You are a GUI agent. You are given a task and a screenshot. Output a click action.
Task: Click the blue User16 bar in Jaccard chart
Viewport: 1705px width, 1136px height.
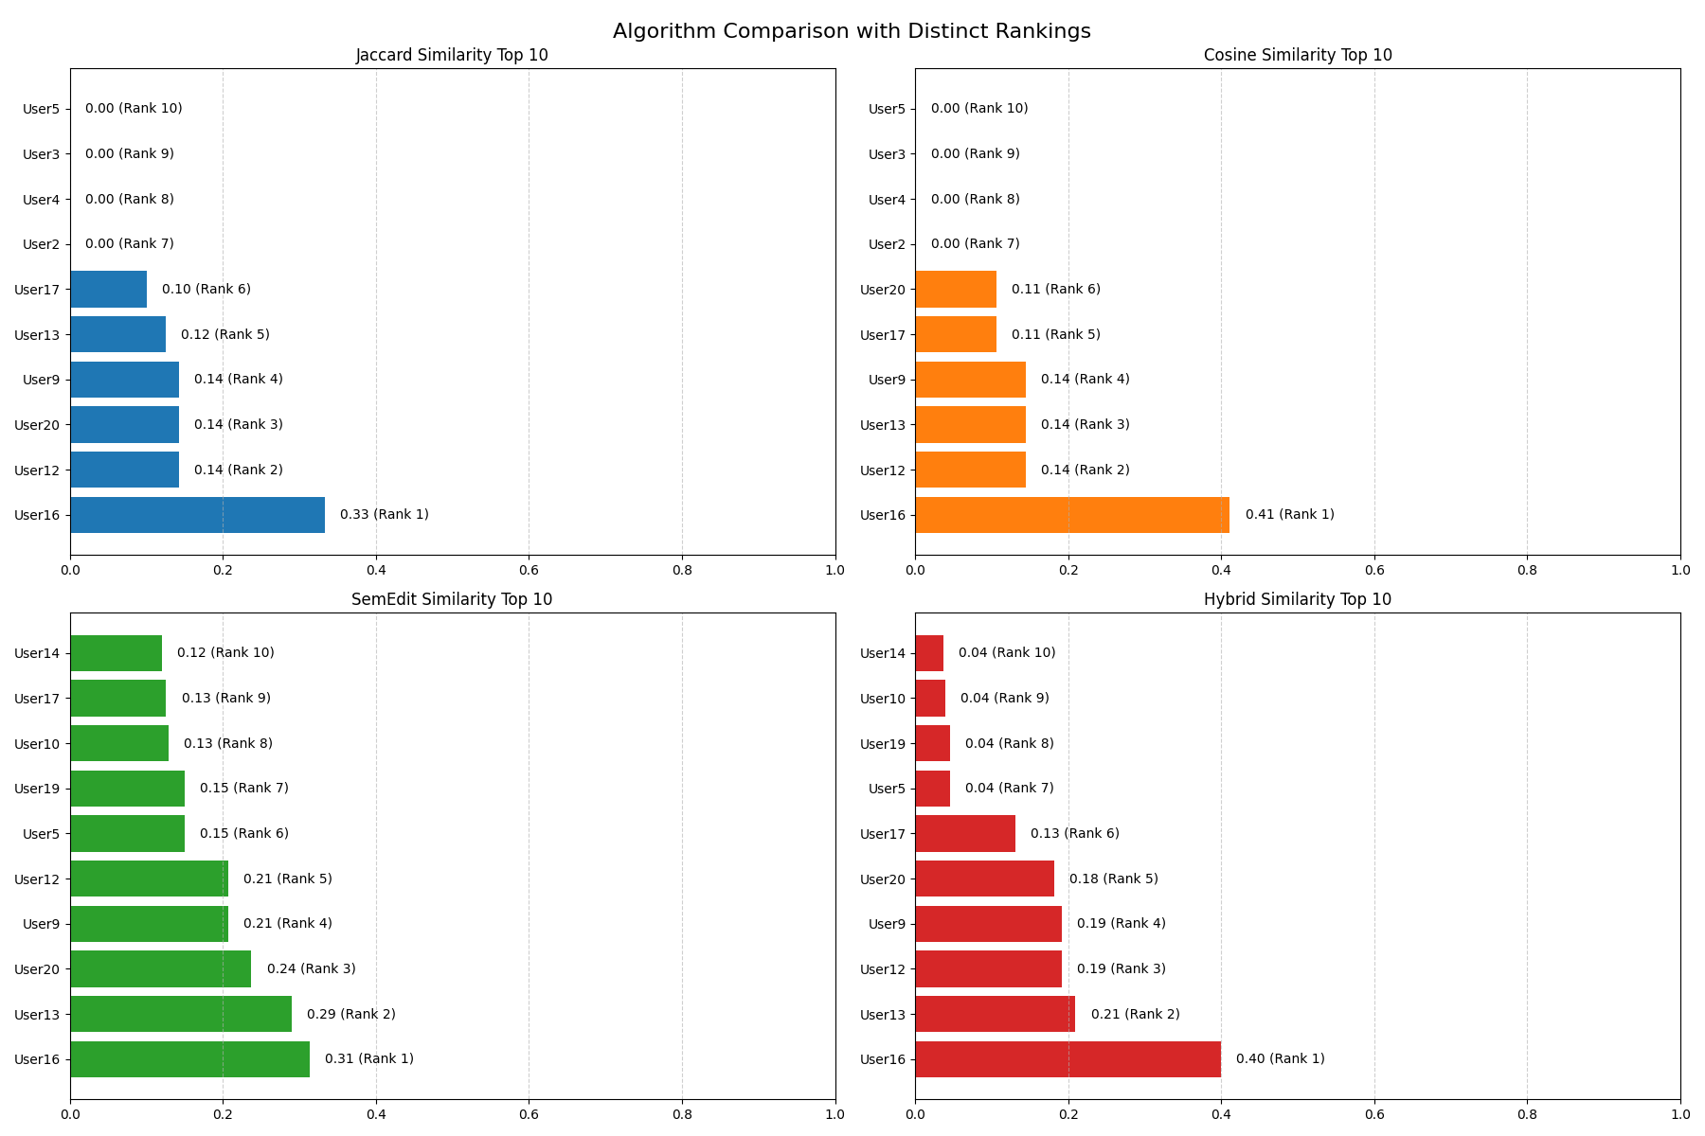click(x=197, y=515)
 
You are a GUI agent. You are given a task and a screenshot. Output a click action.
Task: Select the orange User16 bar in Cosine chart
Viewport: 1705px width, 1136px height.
click(x=1072, y=515)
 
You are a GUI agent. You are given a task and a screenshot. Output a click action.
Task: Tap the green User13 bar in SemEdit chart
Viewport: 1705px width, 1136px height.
click(x=181, y=1014)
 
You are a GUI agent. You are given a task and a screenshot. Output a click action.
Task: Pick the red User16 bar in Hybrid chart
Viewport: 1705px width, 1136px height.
click(x=1068, y=1059)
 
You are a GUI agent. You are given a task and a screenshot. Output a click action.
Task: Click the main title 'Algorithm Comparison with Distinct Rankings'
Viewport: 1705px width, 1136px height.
click(x=852, y=31)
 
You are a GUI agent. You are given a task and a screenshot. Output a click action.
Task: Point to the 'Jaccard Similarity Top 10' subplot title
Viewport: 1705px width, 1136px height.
click(x=452, y=55)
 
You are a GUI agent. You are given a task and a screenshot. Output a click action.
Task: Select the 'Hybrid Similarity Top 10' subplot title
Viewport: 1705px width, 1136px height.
click(x=1297, y=599)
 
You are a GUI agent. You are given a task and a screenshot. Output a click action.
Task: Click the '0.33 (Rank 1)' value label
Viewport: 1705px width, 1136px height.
click(x=384, y=515)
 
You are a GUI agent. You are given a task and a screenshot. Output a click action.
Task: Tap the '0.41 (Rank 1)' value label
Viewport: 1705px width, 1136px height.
click(x=1289, y=515)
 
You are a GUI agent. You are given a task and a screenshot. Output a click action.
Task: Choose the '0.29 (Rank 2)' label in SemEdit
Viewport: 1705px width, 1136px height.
click(x=350, y=1014)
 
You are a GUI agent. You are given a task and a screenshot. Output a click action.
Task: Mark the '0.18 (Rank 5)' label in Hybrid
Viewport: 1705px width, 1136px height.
click(x=1113, y=879)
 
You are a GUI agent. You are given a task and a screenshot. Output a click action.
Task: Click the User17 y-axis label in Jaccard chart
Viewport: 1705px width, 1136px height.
click(x=37, y=290)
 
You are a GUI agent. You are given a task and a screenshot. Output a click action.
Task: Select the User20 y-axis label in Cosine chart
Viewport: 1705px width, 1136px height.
click(x=883, y=290)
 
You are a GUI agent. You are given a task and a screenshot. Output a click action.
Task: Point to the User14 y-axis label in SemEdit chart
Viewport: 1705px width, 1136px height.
click(x=37, y=653)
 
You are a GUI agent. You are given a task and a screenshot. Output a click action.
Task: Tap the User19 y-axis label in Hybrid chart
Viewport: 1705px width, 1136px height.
click(x=883, y=744)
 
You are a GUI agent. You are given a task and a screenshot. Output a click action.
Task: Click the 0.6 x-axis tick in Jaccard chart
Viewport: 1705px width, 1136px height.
click(x=529, y=570)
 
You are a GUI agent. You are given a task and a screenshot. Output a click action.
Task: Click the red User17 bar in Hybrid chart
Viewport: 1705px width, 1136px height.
click(x=964, y=834)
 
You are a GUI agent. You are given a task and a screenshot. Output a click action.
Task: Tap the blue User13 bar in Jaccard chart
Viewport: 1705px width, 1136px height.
click(x=117, y=334)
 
